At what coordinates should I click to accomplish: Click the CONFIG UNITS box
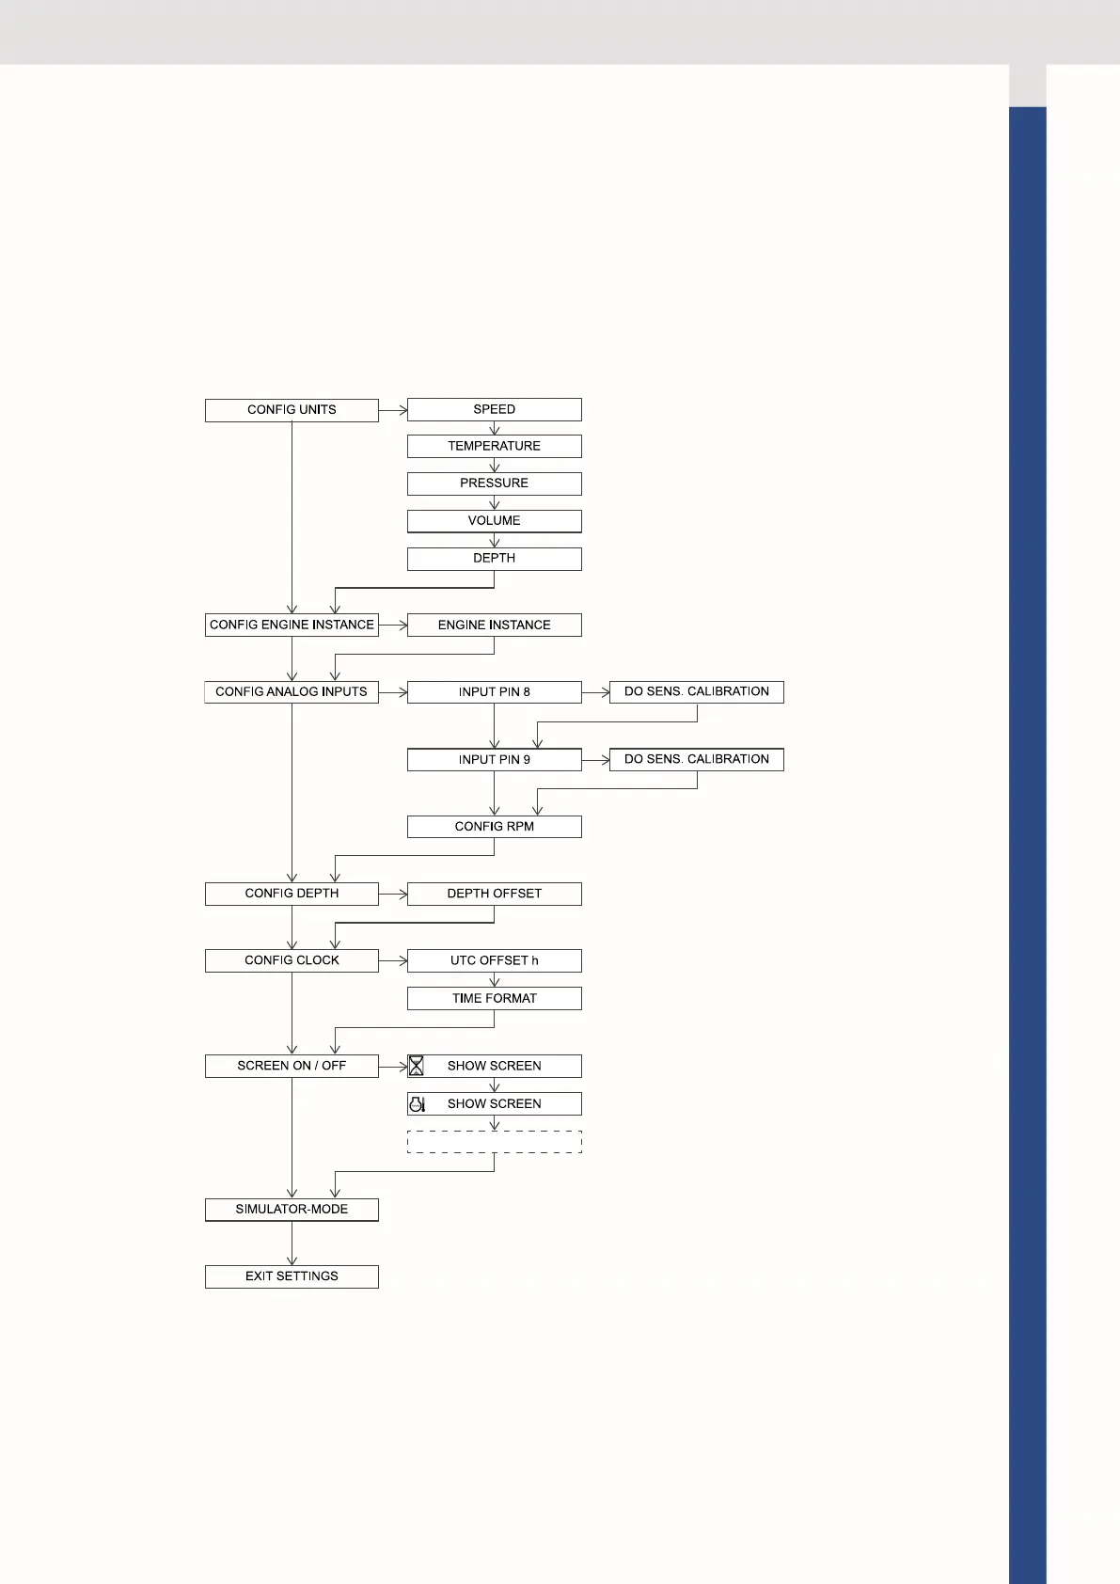pyautogui.click(x=292, y=410)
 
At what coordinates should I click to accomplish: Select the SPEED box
pyautogui.click(x=494, y=409)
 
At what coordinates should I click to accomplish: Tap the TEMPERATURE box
pyautogui.click(x=494, y=446)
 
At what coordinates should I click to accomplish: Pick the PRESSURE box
pyautogui.click(x=494, y=483)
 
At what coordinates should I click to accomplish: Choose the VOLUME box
pyautogui.click(x=494, y=521)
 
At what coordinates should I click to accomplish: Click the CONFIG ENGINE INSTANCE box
pyautogui.click(x=292, y=625)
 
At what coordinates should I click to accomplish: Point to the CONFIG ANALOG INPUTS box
pyautogui.click(x=292, y=692)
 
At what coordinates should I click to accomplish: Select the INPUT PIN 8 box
pyautogui.click(x=494, y=692)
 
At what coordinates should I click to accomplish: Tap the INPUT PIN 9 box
pyautogui.click(x=494, y=759)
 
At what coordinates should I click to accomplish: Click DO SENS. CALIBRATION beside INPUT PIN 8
pyautogui.click(x=696, y=692)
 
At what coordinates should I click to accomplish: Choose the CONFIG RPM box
pyautogui.click(x=494, y=827)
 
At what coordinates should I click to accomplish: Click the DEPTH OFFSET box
pyautogui.click(x=494, y=894)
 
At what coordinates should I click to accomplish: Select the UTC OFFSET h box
pyautogui.click(x=494, y=960)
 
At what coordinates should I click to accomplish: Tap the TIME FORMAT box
pyautogui.click(x=494, y=998)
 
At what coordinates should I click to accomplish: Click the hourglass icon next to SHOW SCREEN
pyautogui.click(x=416, y=1066)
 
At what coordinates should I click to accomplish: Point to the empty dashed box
pyautogui.click(x=494, y=1142)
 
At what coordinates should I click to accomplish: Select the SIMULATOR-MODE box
pyautogui.click(x=292, y=1210)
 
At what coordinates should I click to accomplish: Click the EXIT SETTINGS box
pyautogui.click(x=292, y=1276)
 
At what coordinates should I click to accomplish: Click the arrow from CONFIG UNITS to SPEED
pyautogui.click(x=393, y=410)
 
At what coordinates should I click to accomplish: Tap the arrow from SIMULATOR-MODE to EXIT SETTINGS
pyautogui.click(x=292, y=1243)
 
